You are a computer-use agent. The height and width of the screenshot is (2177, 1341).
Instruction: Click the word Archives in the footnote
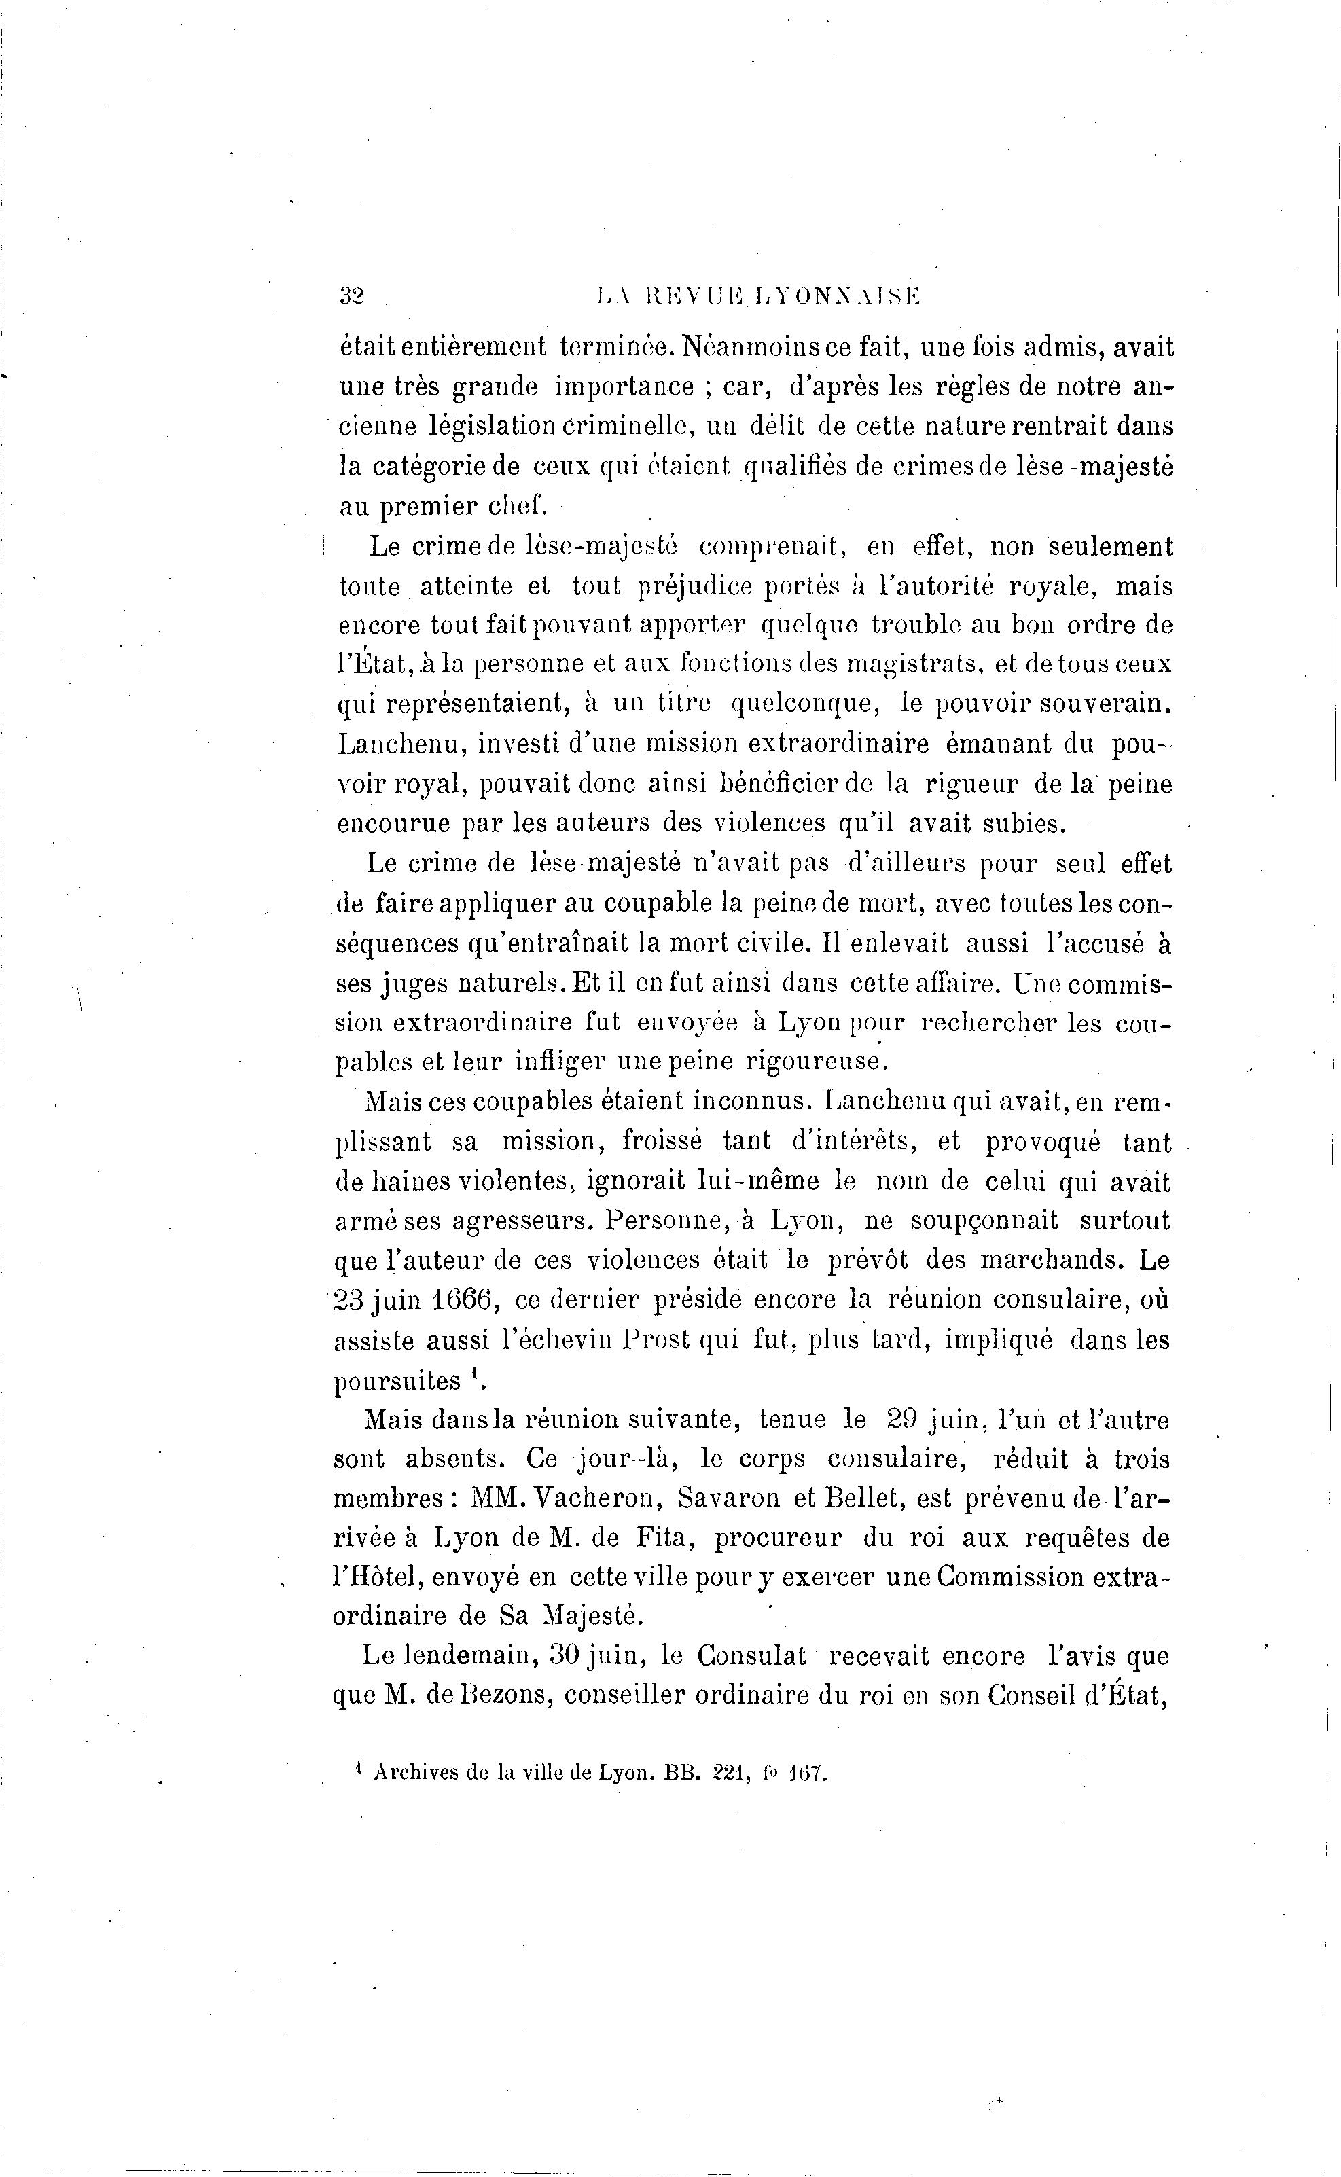tap(418, 1773)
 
